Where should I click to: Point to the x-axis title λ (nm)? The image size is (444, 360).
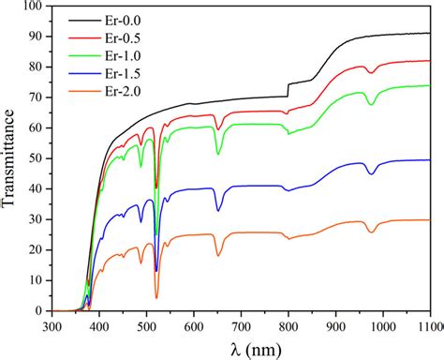pos(241,349)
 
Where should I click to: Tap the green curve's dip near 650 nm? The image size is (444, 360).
pos(218,154)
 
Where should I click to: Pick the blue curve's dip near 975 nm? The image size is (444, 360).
pos(372,173)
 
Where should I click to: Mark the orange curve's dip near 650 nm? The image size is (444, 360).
pos(218,255)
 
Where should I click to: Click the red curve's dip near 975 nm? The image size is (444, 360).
pos(372,72)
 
